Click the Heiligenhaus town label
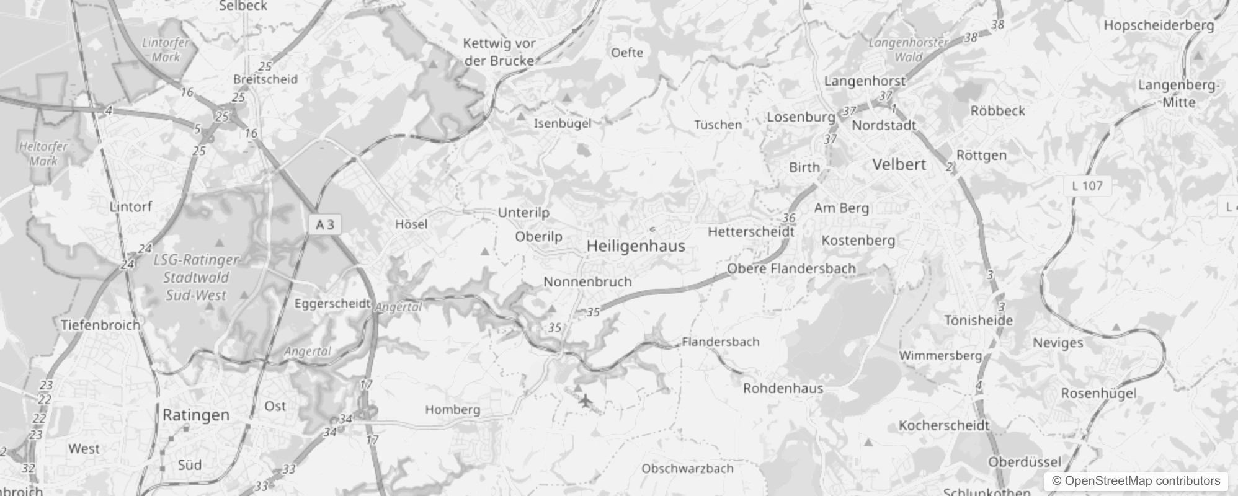pyautogui.click(x=636, y=246)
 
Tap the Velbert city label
pyautogui.click(x=899, y=165)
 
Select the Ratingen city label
pyautogui.click(x=196, y=415)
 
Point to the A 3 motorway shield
pyautogui.click(x=325, y=224)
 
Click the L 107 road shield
pyautogui.click(x=1087, y=185)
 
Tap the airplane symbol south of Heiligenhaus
pyautogui.click(x=585, y=401)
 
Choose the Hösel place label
pyautogui.click(x=411, y=224)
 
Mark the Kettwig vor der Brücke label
pyautogui.click(x=499, y=52)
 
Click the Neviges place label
pyautogui.click(x=1058, y=343)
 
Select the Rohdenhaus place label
pyautogui.click(x=783, y=389)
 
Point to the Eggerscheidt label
pyautogui.click(x=332, y=304)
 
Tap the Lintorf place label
pyautogui.click(x=131, y=206)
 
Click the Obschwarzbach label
pyautogui.click(x=687, y=469)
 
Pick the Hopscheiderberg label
pyautogui.click(x=1159, y=25)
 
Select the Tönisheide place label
pyautogui.click(x=979, y=321)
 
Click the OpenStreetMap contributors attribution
pyautogui.click(x=1136, y=481)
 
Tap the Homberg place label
pyautogui.click(x=453, y=410)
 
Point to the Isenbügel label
pyautogui.click(x=563, y=123)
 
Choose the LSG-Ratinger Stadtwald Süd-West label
pyautogui.click(x=196, y=278)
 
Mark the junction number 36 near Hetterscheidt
pyautogui.click(x=789, y=218)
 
